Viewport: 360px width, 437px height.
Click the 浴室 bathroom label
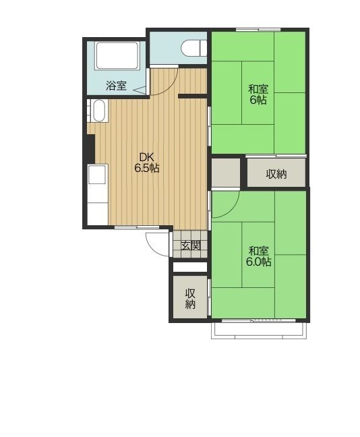click(116, 85)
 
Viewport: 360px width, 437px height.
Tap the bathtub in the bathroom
click(117, 56)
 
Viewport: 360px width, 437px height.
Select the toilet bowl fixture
click(194, 48)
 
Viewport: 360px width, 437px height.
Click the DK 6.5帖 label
click(147, 163)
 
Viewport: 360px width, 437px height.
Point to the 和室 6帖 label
click(258, 94)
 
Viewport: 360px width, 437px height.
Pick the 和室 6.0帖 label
click(259, 256)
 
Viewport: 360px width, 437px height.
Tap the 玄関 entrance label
click(191, 245)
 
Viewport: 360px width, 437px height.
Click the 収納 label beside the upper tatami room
click(276, 174)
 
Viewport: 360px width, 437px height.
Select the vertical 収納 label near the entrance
click(190, 299)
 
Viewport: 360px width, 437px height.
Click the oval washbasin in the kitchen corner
click(99, 111)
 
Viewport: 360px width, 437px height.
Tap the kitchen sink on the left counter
click(97, 174)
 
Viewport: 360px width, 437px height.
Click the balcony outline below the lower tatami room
click(259, 331)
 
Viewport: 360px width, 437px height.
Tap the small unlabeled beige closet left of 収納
click(226, 173)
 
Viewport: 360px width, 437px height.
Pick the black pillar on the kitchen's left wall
click(91, 148)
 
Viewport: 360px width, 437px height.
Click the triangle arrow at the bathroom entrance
click(140, 90)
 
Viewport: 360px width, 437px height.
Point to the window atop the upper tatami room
click(258, 30)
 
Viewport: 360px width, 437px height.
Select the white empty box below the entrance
click(190, 266)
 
